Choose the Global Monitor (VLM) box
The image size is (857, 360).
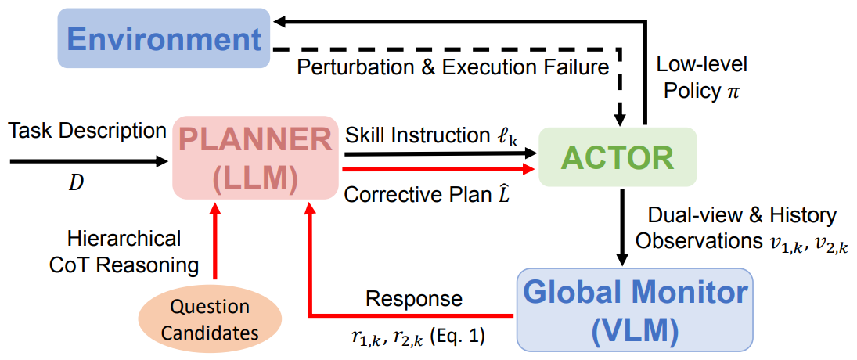[x=635, y=309]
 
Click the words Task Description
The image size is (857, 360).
[x=88, y=131]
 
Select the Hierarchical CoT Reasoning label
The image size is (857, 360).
[x=124, y=251]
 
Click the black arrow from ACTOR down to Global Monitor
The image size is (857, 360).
[x=623, y=227]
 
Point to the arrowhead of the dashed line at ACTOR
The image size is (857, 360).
[x=621, y=119]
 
